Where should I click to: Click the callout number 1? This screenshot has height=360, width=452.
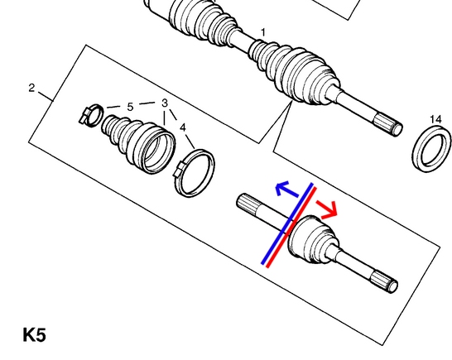pyautogui.click(x=263, y=32)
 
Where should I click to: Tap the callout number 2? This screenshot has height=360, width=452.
pyautogui.click(x=31, y=88)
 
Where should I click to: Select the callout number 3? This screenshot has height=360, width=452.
pyautogui.click(x=165, y=103)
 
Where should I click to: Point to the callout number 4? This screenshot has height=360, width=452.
pyautogui.click(x=183, y=127)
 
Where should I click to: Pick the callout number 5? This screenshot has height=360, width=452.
pyautogui.click(x=130, y=107)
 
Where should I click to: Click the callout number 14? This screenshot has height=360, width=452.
pyautogui.click(x=435, y=119)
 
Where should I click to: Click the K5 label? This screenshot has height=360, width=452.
pyautogui.click(x=34, y=335)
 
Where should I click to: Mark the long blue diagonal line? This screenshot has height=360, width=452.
pyautogui.click(x=287, y=223)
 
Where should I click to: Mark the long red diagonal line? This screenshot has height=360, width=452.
pyautogui.click(x=291, y=228)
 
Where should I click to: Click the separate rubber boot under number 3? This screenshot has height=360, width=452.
pyautogui.click(x=139, y=144)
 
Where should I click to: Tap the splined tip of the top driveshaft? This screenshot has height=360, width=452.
pyautogui.click(x=388, y=124)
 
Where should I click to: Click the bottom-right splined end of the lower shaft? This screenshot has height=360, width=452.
pyautogui.click(x=384, y=282)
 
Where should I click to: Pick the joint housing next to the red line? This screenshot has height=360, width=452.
pyautogui.click(x=312, y=239)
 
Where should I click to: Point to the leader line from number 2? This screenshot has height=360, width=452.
pyautogui.click(x=46, y=97)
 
